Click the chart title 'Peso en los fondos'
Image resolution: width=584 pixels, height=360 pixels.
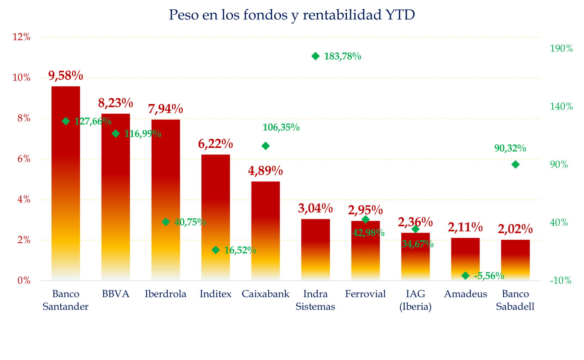292,15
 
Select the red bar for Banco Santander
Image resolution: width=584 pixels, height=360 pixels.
66,184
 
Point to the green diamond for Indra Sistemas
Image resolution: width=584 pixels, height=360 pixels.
316,56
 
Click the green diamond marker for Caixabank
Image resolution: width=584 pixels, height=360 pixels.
266,146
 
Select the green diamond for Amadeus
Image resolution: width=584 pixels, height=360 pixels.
465,276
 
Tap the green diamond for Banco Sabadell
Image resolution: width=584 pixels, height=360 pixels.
516,165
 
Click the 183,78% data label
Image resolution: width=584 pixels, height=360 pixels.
342,57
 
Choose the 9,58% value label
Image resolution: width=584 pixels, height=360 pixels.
66,76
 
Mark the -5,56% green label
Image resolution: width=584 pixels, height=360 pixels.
489,276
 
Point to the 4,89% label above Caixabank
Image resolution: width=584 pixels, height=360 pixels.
266,171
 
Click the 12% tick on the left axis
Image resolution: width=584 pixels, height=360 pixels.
22,37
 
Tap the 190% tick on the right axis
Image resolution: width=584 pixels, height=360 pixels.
561,49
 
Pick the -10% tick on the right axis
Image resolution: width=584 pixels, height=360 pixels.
561,281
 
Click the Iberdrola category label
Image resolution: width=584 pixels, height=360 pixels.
166,294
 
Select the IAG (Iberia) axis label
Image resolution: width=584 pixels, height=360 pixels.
415,300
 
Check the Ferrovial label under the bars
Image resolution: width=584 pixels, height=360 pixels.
365,294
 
